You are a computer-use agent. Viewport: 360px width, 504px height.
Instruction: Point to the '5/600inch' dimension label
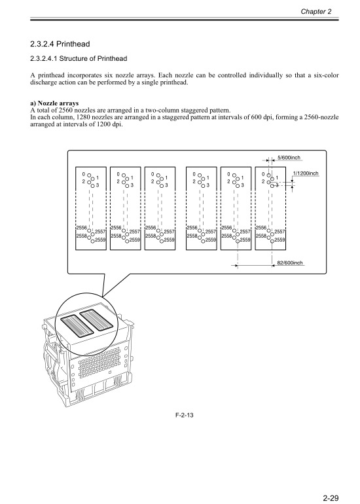click(x=289, y=157)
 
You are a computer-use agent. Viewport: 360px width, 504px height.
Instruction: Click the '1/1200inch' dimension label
click(x=305, y=173)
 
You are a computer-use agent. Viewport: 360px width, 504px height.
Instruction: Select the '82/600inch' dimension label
click(x=289, y=262)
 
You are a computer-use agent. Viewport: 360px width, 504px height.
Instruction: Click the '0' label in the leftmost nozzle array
click(x=84, y=174)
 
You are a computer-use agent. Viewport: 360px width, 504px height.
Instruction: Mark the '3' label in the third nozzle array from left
click(x=166, y=186)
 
